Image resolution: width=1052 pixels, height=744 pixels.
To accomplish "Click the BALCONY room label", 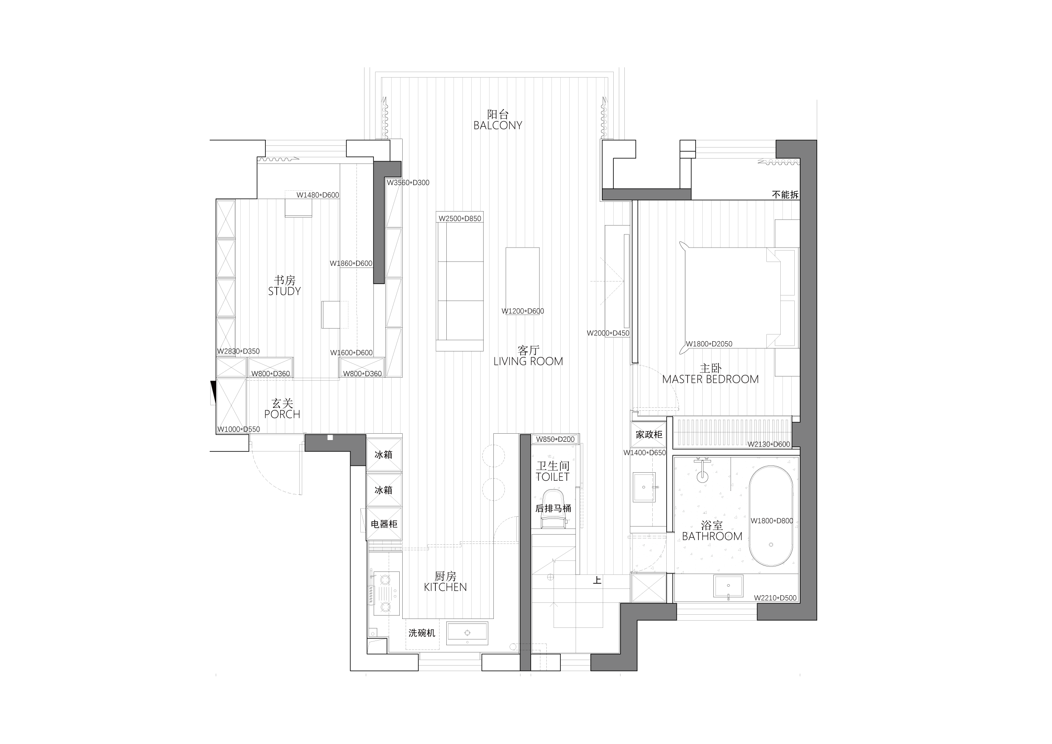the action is tap(498, 125).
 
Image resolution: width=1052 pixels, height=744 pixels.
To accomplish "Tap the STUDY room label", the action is tap(284, 291).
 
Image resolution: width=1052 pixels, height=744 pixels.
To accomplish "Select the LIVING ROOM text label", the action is tap(528, 361).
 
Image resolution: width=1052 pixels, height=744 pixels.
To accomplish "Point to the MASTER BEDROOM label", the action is tap(710, 379).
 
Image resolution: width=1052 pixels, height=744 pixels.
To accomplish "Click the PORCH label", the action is tap(282, 414).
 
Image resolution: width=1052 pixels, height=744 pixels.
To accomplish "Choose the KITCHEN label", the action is tap(445, 587).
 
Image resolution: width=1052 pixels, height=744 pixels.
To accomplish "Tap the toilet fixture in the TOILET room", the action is tap(553, 509).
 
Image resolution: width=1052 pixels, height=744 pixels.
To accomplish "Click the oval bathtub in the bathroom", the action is tap(771, 516).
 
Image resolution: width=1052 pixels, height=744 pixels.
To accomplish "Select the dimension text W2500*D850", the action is tap(459, 219).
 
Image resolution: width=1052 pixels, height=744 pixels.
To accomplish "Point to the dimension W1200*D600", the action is tap(523, 311).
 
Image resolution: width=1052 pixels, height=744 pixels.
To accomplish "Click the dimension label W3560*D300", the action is tap(408, 183).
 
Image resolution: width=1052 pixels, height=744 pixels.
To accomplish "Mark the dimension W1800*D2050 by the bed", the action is tap(709, 344).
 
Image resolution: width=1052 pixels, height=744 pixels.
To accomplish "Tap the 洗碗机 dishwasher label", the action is tap(422, 633).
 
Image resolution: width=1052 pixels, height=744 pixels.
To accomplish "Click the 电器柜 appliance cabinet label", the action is tap(384, 524).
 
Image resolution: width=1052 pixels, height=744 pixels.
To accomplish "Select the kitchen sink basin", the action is tap(468, 633).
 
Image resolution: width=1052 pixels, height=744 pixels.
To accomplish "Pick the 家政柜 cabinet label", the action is tap(649, 434).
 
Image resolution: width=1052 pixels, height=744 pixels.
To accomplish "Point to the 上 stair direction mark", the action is tap(597, 580).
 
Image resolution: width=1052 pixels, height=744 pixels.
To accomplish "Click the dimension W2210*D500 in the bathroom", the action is tap(775, 598).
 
